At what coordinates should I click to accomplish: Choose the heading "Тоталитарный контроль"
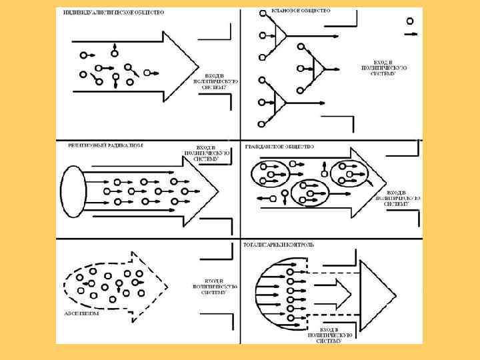(288, 245)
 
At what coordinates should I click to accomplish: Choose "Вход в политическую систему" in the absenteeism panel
(215, 286)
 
